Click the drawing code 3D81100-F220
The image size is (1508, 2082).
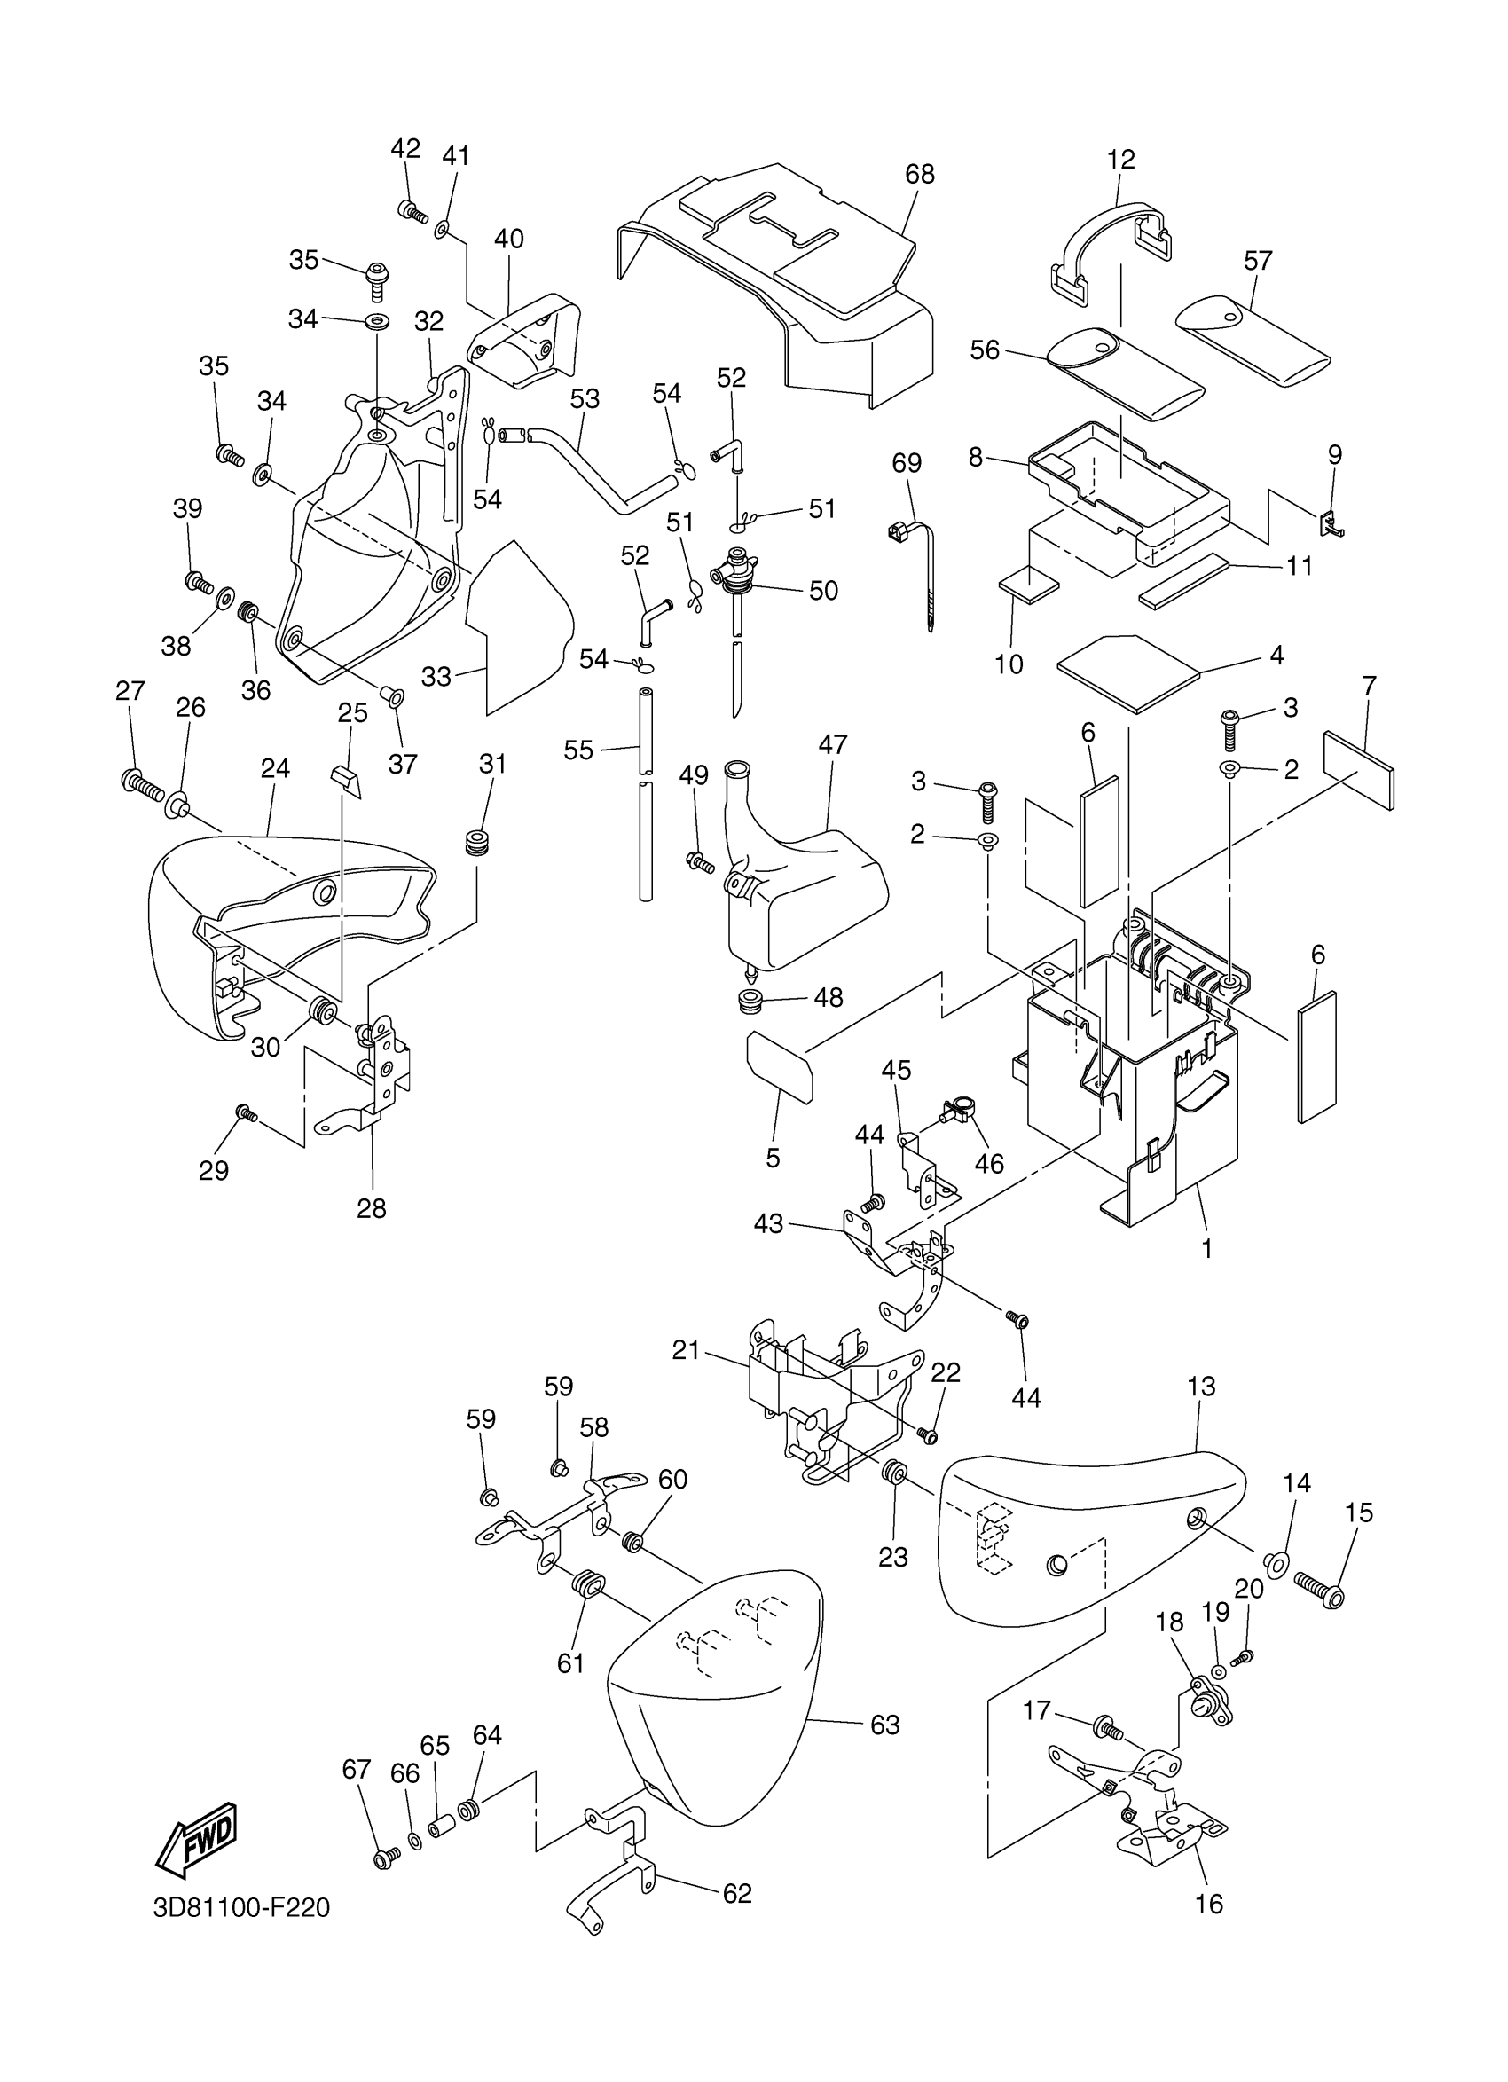point(241,1907)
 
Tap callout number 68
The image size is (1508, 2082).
point(919,174)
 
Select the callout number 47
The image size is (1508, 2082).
point(832,743)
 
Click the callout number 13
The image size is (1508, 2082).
point(1200,1386)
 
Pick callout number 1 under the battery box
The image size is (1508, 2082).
point(1207,1247)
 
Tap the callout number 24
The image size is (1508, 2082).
point(275,767)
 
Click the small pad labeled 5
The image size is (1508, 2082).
point(779,1065)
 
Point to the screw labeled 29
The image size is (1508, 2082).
point(246,1113)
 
